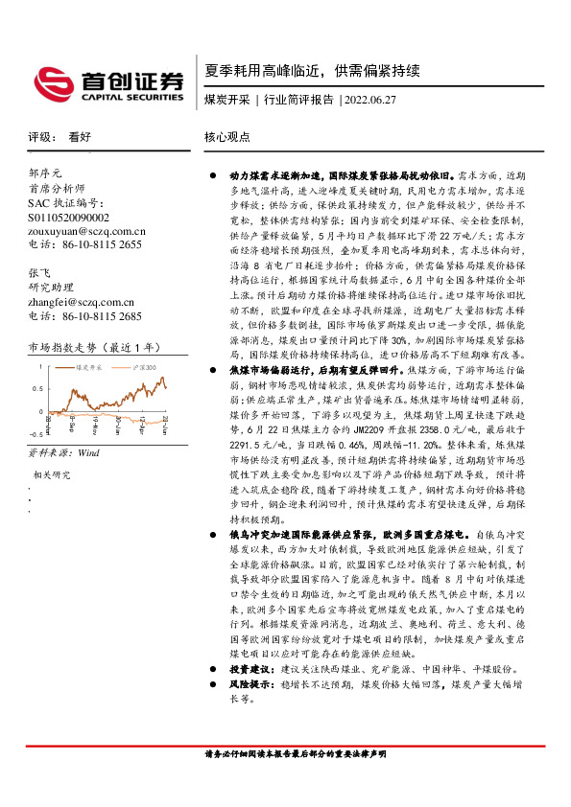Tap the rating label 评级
pyautogui.click(x=38, y=138)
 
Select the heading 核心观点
pyautogui.click(x=226, y=138)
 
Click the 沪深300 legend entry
pyautogui.click(x=140, y=366)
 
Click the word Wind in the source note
pyautogui.click(x=88, y=450)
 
